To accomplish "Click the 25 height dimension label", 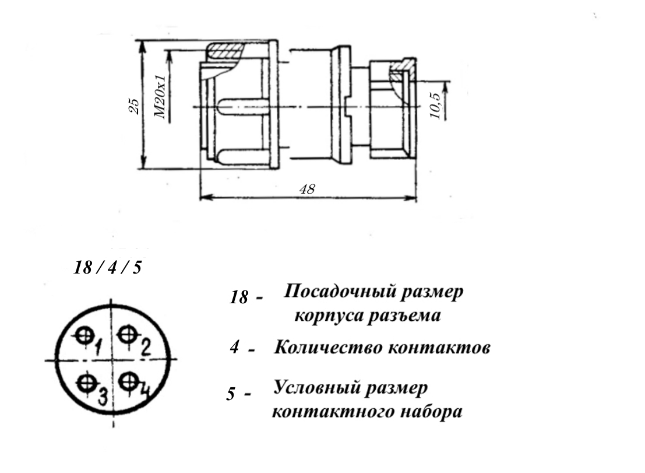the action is point(135,106).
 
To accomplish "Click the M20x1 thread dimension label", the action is point(160,97).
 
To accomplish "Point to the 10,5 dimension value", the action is point(435,106).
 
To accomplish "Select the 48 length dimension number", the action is point(307,189).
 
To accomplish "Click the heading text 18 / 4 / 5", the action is point(107,268).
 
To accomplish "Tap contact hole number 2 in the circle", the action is point(127,335).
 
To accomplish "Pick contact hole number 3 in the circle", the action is point(86,383).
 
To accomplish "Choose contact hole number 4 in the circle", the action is point(128,381).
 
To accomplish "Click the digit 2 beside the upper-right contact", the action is point(145,347).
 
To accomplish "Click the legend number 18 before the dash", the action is point(239,297).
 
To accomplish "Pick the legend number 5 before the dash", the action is point(231,394).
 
